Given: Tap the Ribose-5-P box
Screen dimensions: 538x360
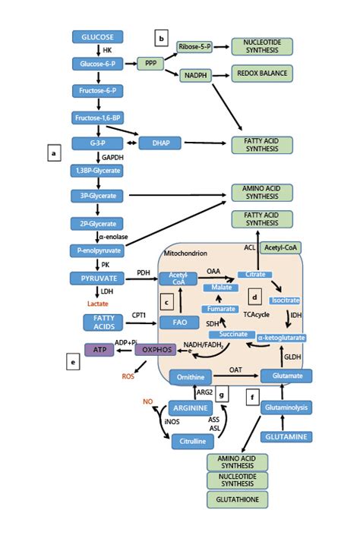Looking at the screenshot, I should point(194,47).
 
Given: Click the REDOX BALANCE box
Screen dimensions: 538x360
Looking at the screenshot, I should point(262,73).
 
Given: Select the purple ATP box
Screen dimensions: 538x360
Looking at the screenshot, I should point(96,350).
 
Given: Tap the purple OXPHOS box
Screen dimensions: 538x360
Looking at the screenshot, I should point(155,350).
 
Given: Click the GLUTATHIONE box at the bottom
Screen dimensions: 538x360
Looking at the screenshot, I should point(237,499).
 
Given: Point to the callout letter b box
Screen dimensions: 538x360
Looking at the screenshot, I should point(161,36).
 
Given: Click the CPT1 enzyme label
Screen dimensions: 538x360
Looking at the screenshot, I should point(138,313).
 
